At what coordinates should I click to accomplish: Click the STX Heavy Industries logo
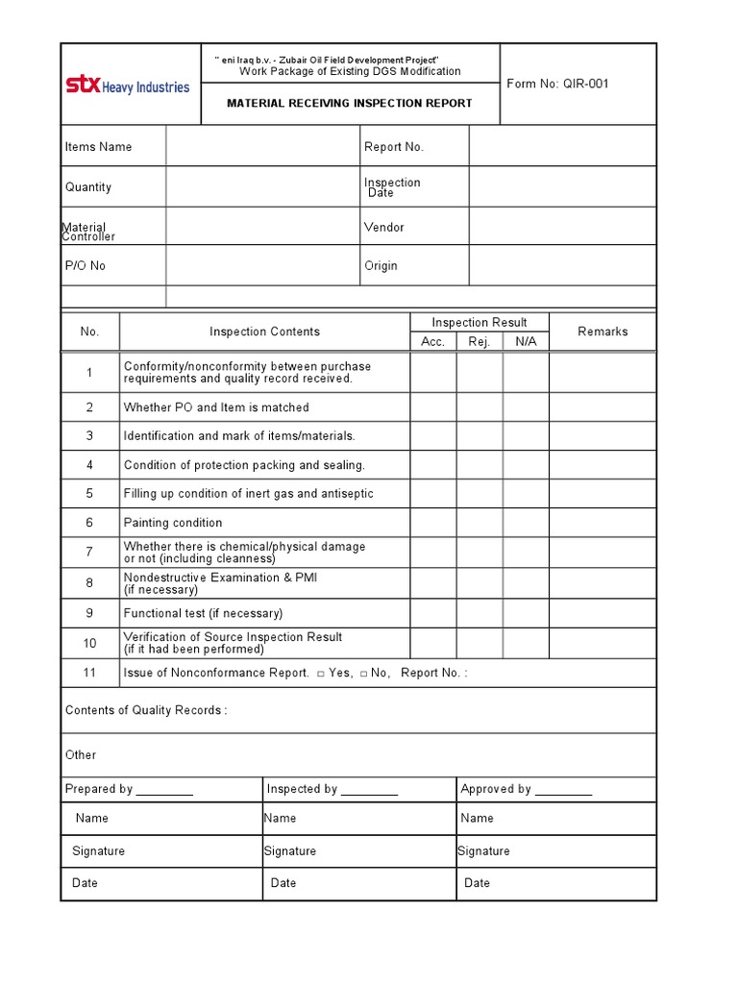pos(127,86)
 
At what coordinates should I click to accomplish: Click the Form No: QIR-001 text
pos(557,84)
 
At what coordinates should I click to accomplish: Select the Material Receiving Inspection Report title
pos(349,103)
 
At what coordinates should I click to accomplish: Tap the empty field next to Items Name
pos(261,147)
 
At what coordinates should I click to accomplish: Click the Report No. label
pos(393,147)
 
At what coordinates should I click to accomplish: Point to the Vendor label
pos(383,228)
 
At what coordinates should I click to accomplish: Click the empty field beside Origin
pos(562,266)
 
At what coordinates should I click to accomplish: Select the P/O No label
pos(86,266)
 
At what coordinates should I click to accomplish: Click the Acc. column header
pos(432,342)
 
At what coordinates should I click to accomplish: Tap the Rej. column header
pos(479,342)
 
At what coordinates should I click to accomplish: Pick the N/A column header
pos(526,342)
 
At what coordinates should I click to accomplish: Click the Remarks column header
pos(603,332)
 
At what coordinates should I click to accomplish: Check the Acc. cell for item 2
pos(433,407)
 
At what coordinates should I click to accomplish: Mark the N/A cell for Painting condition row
pos(526,523)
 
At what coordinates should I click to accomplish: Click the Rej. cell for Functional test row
pos(480,613)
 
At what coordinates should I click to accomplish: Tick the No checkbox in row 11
pos(364,674)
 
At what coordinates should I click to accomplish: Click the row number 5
pos(89,494)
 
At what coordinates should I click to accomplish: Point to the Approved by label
pos(526,789)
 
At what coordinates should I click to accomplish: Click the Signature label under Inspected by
pos(289,851)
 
